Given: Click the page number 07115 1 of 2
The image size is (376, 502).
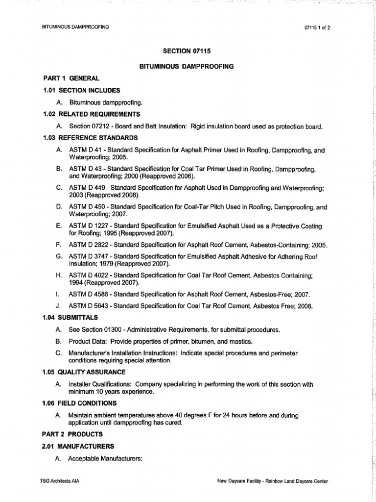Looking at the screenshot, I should click(317, 27).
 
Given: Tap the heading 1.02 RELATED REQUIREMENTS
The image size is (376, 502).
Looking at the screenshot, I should click(91, 114).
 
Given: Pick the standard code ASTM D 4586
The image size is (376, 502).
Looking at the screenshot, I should click(89, 294).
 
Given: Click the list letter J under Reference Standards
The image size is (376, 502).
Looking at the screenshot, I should click(58, 306).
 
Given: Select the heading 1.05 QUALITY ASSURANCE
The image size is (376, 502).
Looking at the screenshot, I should click(84, 372).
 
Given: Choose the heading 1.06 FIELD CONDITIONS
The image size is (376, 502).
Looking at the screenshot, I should click(79, 403).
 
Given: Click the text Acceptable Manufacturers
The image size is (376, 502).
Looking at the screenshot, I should click(105, 458).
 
